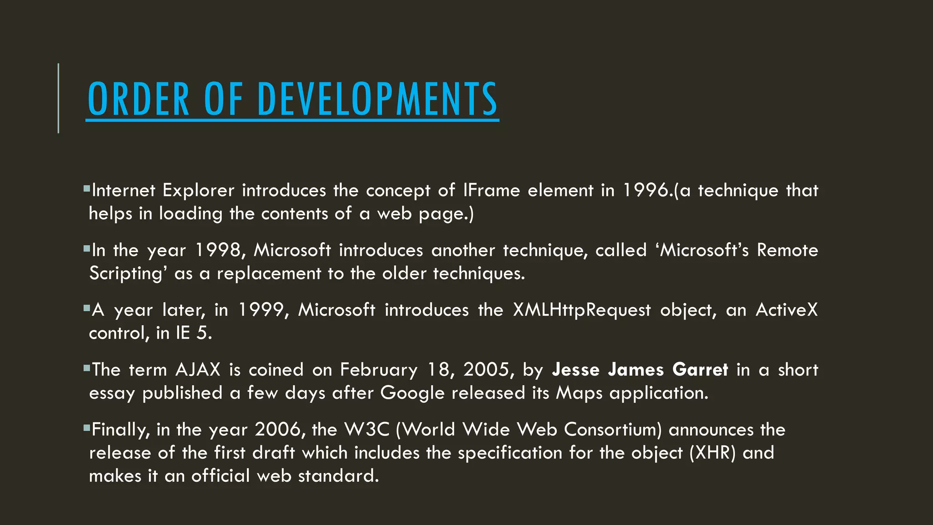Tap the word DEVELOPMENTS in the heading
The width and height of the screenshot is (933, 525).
(x=378, y=99)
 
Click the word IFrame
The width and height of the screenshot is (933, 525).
(x=491, y=190)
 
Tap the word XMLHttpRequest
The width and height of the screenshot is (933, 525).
(x=582, y=310)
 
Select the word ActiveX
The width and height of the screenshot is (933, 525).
(x=787, y=310)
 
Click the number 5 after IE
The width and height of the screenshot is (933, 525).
(x=203, y=333)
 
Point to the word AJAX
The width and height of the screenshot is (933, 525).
(x=198, y=370)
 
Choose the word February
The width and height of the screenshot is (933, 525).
(x=379, y=370)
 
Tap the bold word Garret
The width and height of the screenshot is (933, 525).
(x=700, y=370)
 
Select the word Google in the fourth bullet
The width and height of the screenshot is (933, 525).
(x=412, y=393)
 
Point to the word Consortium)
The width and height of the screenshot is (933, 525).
(x=613, y=429)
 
